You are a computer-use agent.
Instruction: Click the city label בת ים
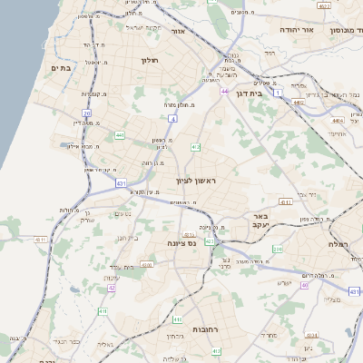click(x=61, y=67)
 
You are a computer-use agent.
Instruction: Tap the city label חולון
click(x=150, y=60)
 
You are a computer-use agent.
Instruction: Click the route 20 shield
click(x=86, y=113)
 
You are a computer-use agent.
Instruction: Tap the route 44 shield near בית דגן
click(x=223, y=92)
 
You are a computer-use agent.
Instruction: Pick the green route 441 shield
click(x=119, y=135)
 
